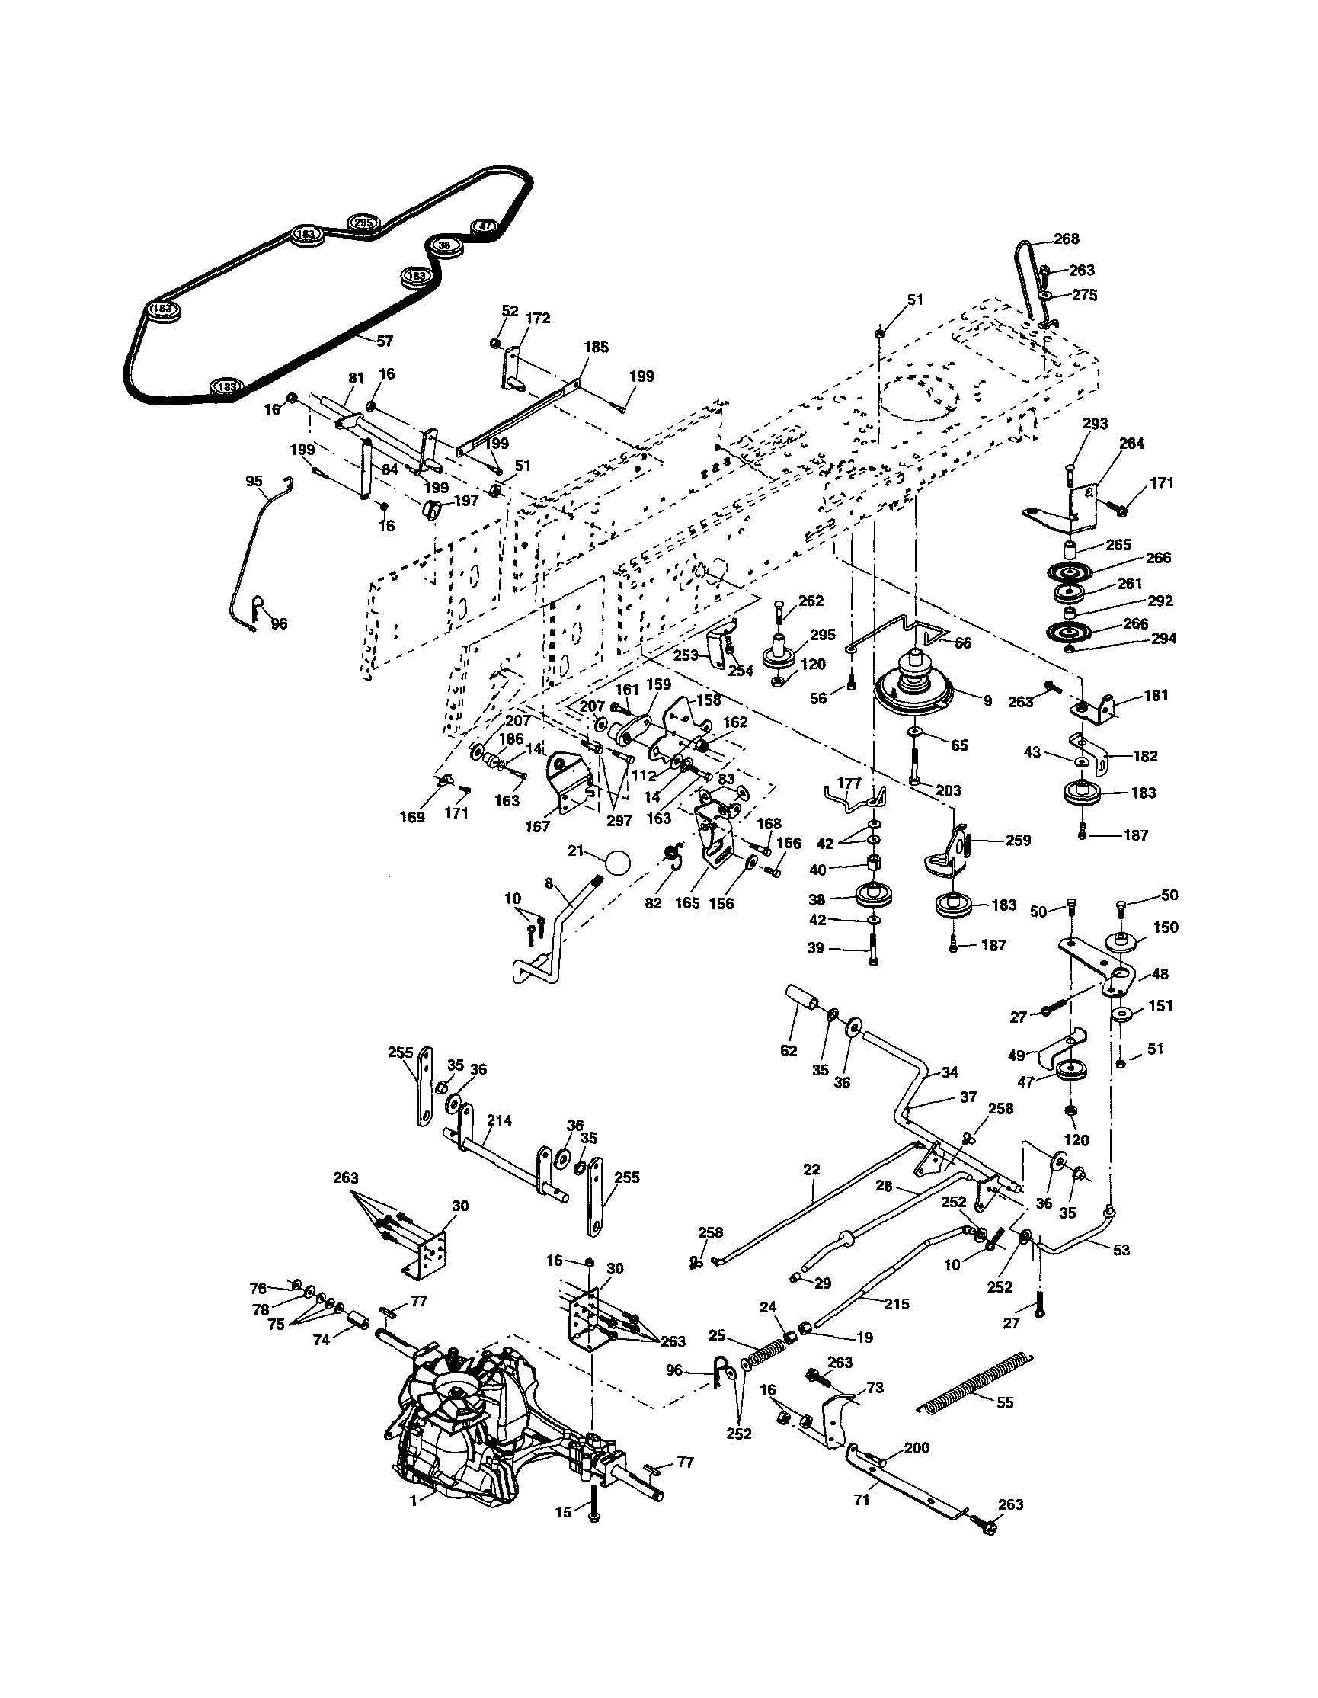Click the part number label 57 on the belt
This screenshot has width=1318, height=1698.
point(385,341)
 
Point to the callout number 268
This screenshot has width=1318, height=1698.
point(1067,239)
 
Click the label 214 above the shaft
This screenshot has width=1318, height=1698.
point(500,1120)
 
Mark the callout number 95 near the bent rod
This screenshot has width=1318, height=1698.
point(254,481)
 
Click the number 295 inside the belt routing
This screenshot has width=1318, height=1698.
point(363,223)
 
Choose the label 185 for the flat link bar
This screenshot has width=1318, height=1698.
point(596,348)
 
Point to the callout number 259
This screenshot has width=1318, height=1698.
point(1018,840)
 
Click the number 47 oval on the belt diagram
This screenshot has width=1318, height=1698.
point(483,226)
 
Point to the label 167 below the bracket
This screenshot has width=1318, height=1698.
point(536,827)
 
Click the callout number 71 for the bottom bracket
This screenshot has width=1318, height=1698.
point(861,1500)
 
